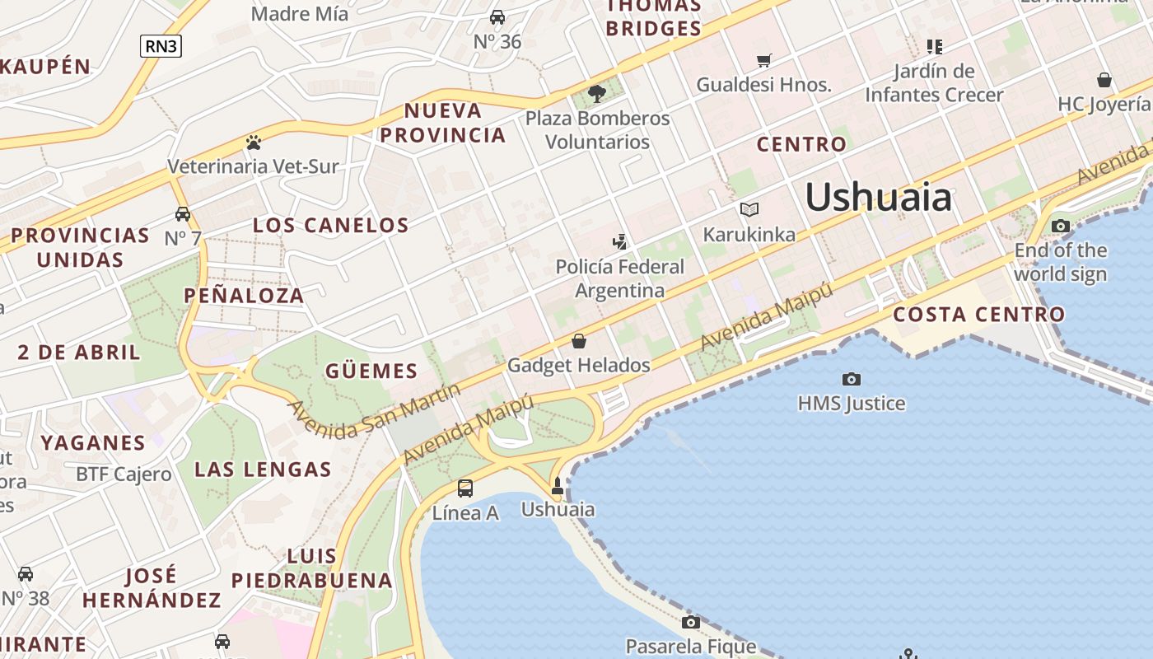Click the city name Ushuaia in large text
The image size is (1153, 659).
point(878,198)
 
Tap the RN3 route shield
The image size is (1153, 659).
point(161,46)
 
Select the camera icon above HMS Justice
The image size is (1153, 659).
point(852,379)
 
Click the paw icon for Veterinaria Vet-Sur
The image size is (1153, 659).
point(253,143)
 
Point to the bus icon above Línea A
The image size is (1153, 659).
point(465,488)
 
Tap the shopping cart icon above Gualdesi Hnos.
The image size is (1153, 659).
point(764,60)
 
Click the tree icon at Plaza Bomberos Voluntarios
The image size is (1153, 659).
point(598,94)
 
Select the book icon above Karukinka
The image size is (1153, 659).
point(749,210)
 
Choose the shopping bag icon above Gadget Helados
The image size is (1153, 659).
point(579,341)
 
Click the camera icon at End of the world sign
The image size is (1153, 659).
point(1061,226)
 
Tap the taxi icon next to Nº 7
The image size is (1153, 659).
point(183,214)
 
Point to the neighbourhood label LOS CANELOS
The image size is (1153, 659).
point(330,225)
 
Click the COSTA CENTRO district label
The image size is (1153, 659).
point(978,314)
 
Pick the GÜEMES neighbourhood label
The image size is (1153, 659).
point(371,371)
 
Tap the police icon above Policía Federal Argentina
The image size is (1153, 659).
point(620,241)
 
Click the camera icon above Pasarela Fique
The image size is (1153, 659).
point(691,622)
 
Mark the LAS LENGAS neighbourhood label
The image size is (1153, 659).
point(263,470)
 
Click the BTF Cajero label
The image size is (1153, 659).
point(124,474)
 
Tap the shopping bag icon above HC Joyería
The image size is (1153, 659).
point(1104,80)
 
